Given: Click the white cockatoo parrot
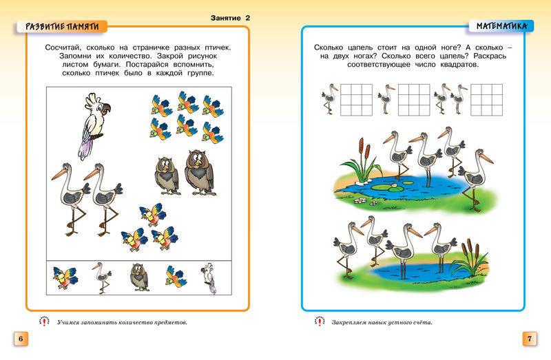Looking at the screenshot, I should [x=90, y=124].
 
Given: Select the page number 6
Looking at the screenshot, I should [x=20, y=339].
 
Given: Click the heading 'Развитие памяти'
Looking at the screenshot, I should [x=62, y=26].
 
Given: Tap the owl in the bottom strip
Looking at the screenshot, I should [x=138, y=277].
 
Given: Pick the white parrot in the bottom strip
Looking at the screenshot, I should [x=209, y=279].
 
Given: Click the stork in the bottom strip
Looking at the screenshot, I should [x=103, y=277].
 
